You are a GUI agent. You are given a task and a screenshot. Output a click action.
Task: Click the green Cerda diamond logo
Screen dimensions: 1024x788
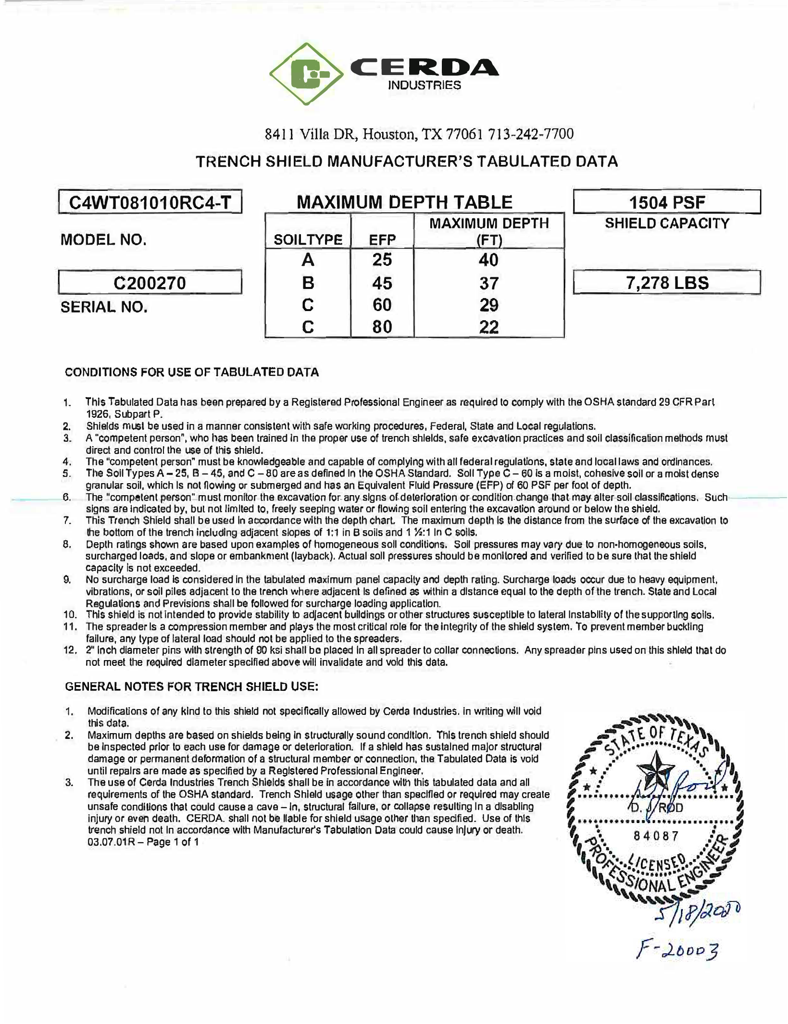click(306, 74)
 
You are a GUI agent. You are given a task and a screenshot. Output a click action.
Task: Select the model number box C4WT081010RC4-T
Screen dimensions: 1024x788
click(150, 202)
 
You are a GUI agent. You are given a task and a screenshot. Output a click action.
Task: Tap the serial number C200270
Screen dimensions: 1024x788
click(150, 283)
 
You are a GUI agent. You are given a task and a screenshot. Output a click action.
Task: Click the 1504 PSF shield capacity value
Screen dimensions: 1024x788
click(667, 202)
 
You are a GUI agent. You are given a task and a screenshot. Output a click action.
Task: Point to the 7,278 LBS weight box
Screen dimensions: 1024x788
click(667, 283)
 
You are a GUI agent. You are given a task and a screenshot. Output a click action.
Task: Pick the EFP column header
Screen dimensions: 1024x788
click(382, 239)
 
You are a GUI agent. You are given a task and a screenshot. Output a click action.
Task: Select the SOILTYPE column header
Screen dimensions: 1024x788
click(308, 239)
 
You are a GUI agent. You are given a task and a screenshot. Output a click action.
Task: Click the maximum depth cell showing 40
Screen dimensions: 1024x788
click(488, 260)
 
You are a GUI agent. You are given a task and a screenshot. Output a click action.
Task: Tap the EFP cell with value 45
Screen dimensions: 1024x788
click(382, 283)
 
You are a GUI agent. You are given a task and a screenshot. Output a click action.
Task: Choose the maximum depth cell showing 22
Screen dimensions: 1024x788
click(488, 327)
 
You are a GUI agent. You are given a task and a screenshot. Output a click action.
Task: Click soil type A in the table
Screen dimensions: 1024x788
click(308, 260)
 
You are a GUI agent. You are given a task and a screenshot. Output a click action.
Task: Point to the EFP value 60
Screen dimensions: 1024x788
click(382, 305)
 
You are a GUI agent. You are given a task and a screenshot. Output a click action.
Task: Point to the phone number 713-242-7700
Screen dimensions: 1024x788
click(531, 134)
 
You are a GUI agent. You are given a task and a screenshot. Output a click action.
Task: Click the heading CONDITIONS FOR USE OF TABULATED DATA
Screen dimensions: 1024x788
click(192, 372)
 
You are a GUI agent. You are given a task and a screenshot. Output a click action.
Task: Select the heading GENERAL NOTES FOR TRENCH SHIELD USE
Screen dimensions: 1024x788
click(192, 687)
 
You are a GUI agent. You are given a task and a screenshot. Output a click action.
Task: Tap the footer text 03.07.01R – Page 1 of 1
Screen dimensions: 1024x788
click(143, 842)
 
